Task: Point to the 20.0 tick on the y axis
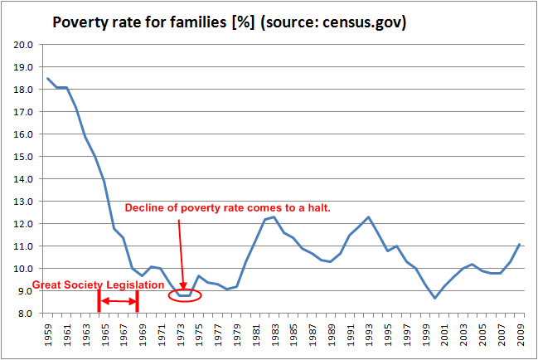point(22,44)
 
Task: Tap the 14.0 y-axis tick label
point(22,178)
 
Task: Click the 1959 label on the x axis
point(48,333)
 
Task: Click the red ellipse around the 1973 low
point(183,294)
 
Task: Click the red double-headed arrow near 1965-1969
point(119,301)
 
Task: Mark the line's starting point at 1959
point(48,79)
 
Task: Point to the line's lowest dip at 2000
point(434,298)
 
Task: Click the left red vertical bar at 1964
point(99,300)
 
